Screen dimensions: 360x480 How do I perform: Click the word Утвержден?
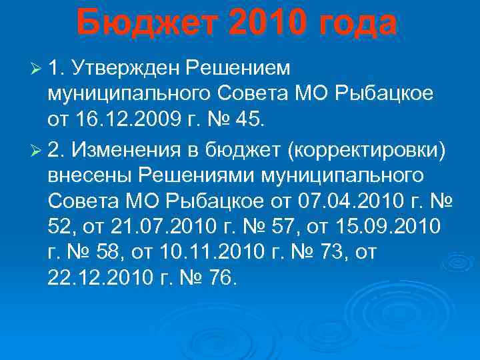126,67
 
